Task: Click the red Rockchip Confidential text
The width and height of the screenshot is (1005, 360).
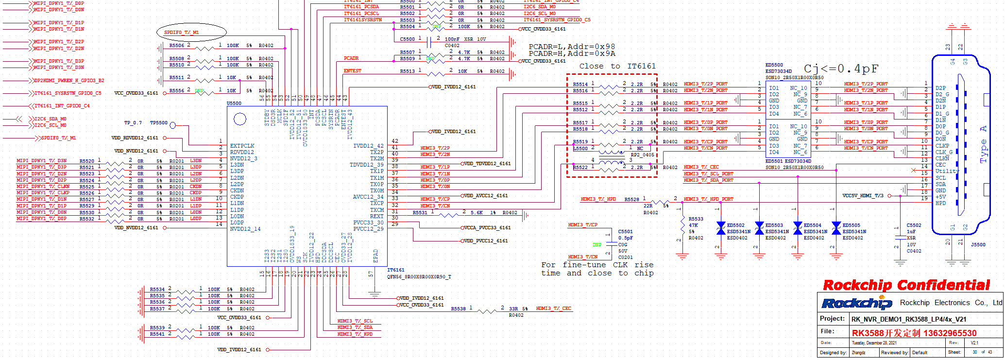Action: click(x=906, y=285)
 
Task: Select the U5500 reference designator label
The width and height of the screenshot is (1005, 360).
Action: click(x=234, y=103)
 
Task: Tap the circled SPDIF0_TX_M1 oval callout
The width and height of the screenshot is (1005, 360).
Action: click(x=191, y=33)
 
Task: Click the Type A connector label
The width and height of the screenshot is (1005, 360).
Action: click(x=983, y=144)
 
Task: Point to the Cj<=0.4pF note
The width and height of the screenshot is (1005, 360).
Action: click(x=841, y=69)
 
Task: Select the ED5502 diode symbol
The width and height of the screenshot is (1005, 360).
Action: click(x=721, y=228)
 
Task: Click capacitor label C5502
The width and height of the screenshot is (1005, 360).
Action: click(x=914, y=225)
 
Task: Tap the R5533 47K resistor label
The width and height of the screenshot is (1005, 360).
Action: click(x=696, y=219)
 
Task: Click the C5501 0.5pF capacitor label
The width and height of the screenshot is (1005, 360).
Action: click(x=625, y=232)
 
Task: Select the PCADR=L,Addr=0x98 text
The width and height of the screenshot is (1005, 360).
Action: click(x=572, y=47)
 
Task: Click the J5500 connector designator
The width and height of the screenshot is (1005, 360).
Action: click(x=978, y=245)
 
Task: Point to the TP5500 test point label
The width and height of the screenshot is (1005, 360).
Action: click(x=158, y=123)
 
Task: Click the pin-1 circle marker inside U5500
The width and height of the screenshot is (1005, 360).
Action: click(x=240, y=119)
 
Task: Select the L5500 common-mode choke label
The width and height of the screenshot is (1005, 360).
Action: click(x=580, y=149)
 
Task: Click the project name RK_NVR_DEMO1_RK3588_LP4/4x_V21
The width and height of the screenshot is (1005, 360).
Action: click(x=908, y=319)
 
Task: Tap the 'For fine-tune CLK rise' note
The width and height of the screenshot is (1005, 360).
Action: click(x=597, y=265)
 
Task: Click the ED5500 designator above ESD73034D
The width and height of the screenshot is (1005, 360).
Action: click(x=774, y=65)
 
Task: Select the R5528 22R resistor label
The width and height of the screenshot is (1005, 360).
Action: click(x=631, y=199)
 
